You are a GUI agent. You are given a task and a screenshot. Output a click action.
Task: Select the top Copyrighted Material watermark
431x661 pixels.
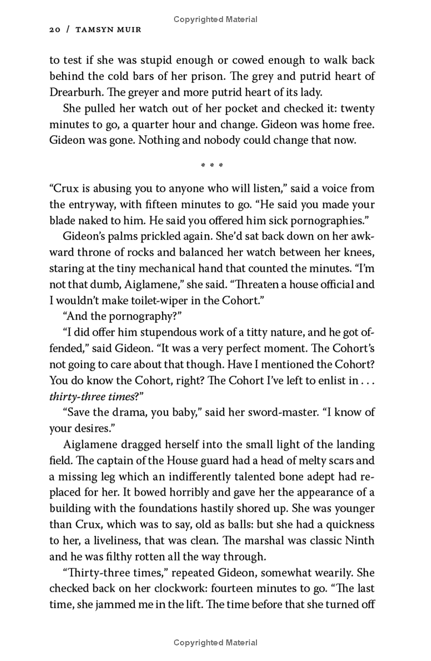click(x=215, y=19)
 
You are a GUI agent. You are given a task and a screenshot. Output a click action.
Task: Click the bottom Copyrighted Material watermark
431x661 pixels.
click(x=215, y=642)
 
